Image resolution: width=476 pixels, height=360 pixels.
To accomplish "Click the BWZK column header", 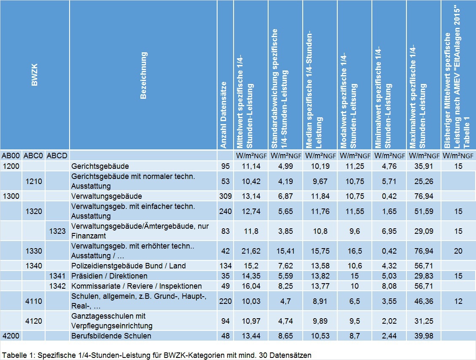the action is [x=34, y=75].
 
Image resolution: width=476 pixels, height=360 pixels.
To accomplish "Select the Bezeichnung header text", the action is [x=143, y=76].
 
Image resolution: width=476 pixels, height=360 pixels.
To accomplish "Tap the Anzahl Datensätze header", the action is [x=223, y=115].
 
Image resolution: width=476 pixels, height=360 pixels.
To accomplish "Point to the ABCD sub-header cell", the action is [x=57, y=156].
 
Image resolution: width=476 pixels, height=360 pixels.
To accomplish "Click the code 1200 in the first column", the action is [x=11, y=166].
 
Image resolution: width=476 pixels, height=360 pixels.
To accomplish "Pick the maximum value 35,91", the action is [x=423, y=166].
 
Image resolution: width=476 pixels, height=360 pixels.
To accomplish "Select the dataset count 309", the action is [x=226, y=196].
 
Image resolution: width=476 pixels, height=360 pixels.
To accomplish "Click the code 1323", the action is [x=57, y=231].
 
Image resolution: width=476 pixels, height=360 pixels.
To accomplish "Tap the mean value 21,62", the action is [x=251, y=251].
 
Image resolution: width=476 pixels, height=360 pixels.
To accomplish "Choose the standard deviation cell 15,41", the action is [x=285, y=251].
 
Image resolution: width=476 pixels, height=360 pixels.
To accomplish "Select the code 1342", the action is [x=57, y=286].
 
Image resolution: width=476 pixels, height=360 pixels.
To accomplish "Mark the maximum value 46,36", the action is [x=423, y=301].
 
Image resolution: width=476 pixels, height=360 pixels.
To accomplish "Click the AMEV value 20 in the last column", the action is [x=458, y=251].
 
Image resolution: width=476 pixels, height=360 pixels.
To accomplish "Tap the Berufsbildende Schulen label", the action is [x=111, y=336].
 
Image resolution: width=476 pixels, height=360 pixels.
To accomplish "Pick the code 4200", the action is [x=11, y=336].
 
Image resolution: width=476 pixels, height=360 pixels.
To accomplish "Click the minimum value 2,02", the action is [x=389, y=321].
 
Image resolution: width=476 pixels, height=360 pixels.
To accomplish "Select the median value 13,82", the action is [x=320, y=276].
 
